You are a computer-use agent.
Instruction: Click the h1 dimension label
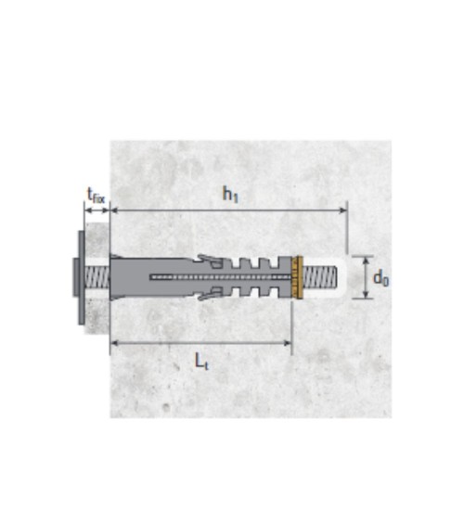coord(230,195)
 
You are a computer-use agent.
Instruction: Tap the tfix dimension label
coord(96,196)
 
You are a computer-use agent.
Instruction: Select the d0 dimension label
coord(380,277)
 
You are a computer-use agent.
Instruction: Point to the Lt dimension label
coord(201,362)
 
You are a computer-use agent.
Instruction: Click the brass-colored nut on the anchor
coord(297,277)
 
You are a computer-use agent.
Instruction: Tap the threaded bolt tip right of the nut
coord(320,277)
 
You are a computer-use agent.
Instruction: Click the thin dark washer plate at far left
coord(82,277)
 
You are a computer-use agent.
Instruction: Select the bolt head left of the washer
coord(75,277)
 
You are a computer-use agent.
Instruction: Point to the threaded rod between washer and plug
coord(97,277)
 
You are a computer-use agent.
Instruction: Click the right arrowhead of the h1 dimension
coord(343,210)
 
